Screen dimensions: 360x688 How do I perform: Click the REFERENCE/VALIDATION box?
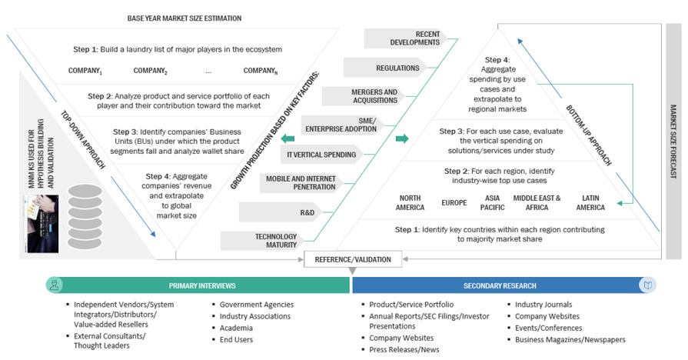(353, 260)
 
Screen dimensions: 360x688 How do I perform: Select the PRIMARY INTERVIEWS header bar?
(198, 285)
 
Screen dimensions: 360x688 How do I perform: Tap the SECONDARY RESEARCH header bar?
(499, 285)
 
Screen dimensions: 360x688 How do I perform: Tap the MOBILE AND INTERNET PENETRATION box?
(299, 182)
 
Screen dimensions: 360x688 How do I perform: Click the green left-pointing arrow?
(288, 138)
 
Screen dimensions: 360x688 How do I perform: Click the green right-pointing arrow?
(401, 138)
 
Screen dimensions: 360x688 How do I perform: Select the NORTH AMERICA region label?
(410, 203)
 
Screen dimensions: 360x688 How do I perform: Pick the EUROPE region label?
(454, 203)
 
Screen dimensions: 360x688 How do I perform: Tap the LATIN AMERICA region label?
(590, 203)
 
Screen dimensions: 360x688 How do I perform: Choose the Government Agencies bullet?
(257, 305)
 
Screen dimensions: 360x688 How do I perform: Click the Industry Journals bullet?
(543, 305)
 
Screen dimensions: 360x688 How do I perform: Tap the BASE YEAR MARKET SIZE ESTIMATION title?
(184, 18)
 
